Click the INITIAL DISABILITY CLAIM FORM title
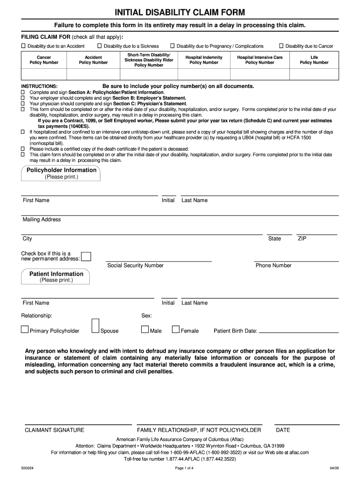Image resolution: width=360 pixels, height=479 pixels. (180, 12)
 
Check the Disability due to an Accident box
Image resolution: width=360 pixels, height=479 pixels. (23, 46)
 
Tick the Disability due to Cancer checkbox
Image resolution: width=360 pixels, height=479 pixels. (281, 46)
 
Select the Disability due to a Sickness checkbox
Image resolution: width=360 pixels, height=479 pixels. (99, 46)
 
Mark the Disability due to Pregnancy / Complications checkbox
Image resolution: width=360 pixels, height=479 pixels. (173, 46)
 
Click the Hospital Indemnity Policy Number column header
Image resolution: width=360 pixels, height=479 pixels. (204, 60)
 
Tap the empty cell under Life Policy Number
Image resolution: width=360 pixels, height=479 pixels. (314, 74)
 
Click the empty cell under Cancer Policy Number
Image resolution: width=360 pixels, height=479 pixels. (44, 74)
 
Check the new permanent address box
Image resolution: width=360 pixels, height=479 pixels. (86, 256)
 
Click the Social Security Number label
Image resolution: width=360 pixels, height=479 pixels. (136, 266)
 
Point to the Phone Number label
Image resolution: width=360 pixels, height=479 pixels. (274, 266)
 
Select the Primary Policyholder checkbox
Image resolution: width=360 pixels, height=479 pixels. (25, 329)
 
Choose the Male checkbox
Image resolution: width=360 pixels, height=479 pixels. (145, 329)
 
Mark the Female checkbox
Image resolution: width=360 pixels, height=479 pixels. (176, 329)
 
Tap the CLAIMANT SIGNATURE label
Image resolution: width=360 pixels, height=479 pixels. (54, 430)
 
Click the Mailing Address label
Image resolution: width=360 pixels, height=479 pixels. (42, 219)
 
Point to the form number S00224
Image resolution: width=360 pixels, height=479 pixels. (27, 468)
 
